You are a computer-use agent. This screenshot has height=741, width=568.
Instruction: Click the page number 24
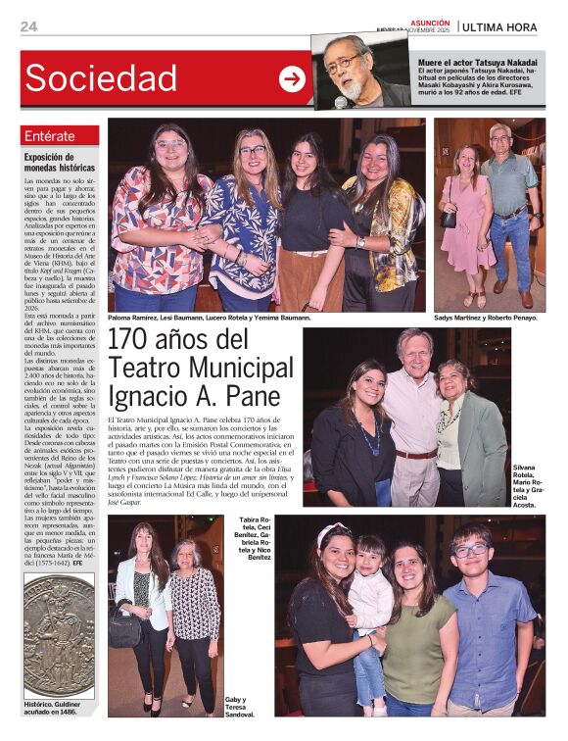[x=28, y=26]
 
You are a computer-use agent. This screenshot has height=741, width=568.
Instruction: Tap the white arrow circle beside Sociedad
[x=292, y=79]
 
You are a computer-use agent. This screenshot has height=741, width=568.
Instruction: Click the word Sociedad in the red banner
[x=102, y=78]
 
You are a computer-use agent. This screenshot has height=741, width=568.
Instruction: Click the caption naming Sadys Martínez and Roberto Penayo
[x=487, y=319]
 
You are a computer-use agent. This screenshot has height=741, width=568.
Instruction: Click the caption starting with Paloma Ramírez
[x=209, y=319]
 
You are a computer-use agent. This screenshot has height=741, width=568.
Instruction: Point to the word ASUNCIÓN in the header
[x=430, y=22]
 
